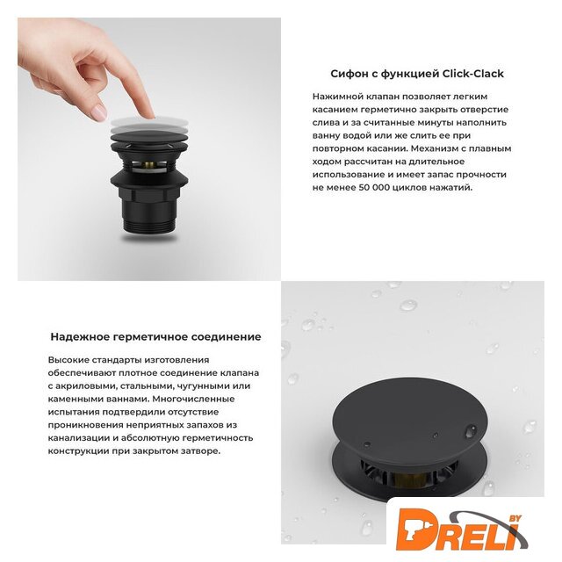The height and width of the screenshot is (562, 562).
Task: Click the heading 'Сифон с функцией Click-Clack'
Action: click(417, 74)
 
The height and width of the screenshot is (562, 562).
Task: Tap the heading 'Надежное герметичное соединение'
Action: click(155, 337)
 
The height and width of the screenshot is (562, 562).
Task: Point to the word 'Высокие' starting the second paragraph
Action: click(68, 360)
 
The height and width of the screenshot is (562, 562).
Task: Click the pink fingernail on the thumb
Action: click(98, 112)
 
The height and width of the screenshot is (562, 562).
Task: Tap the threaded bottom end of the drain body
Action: click(149, 227)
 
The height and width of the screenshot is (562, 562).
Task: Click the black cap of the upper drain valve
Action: click(149, 137)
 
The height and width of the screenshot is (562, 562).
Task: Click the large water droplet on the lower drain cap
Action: click(471, 431)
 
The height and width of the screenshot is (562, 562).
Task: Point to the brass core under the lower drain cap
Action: click(410, 479)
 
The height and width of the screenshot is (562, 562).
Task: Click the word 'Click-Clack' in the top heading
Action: click(473, 74)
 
